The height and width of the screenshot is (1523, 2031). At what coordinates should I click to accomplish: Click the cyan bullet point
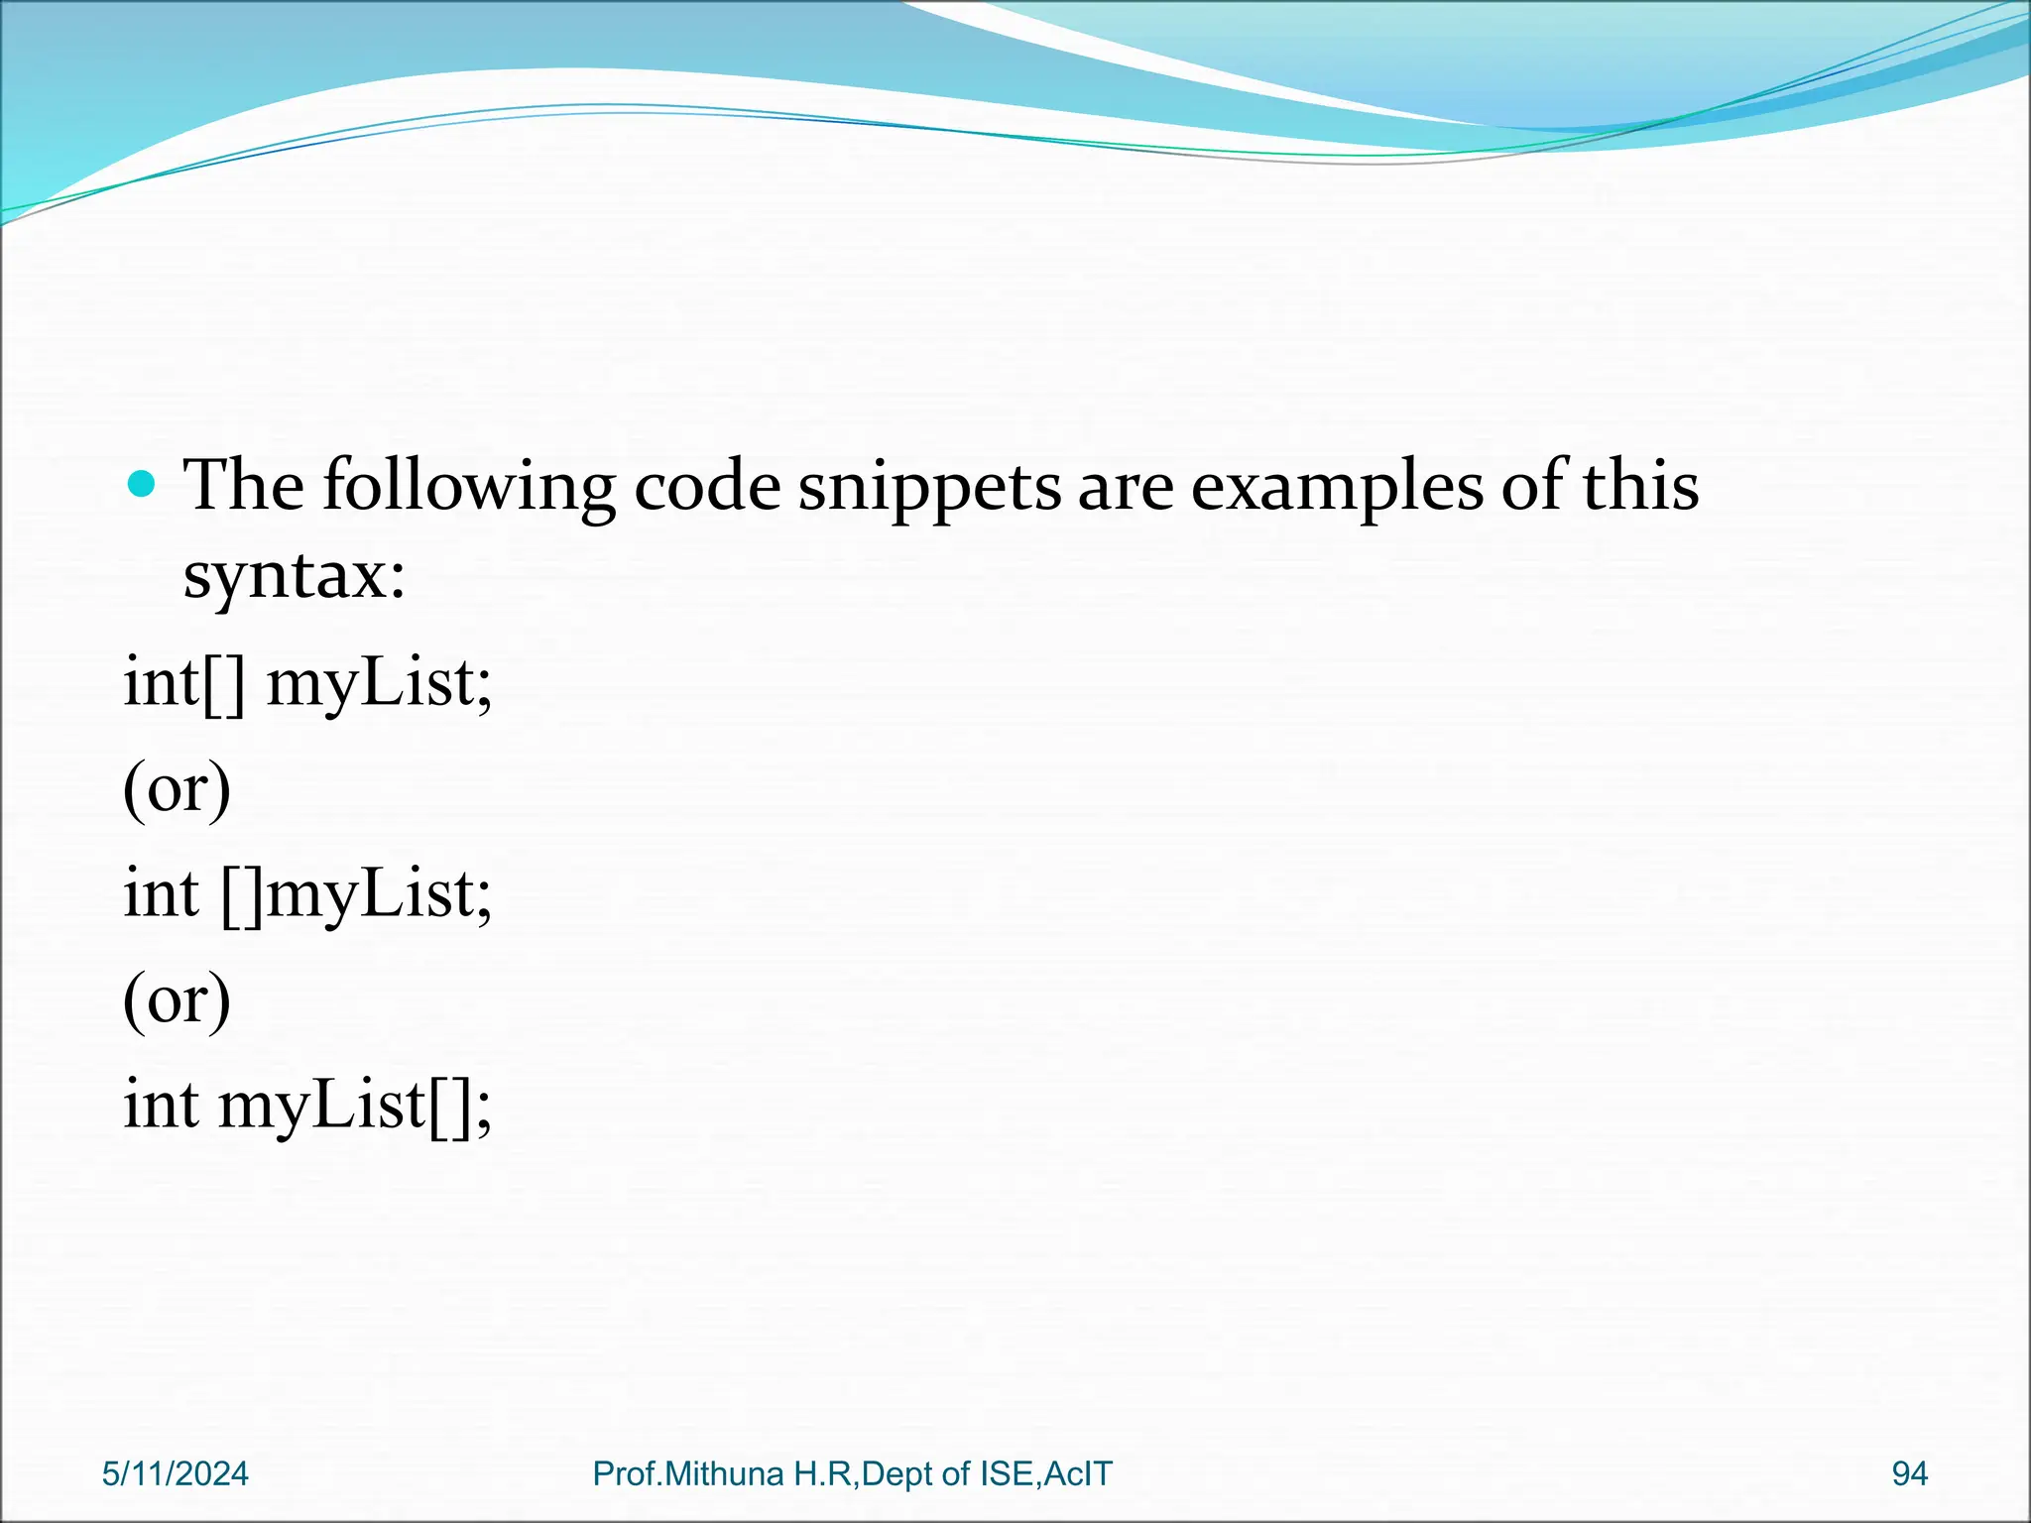(143, 484)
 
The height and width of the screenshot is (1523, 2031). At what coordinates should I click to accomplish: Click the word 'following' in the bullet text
(469, 488)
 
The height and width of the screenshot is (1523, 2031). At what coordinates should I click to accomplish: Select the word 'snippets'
(929, 488)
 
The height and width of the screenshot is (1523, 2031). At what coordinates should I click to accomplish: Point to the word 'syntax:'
(295, 576)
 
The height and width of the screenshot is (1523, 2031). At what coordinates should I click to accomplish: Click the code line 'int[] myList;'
(307, 684)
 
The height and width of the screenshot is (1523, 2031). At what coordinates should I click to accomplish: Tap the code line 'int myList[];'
(307, 1107)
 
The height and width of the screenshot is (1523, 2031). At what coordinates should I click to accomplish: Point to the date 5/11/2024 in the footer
(176, 1474)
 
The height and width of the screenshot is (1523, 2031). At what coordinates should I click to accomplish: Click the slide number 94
(1909, 1474)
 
